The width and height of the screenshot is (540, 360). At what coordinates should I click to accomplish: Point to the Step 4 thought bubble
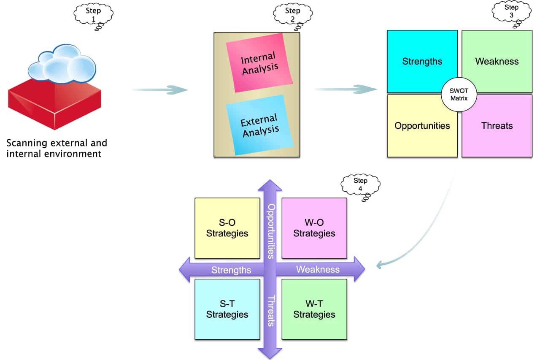tap(360, 184)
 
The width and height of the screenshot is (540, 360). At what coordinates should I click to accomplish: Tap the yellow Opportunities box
tap(418, 129)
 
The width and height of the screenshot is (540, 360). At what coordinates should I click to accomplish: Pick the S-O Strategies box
tap(227, 228)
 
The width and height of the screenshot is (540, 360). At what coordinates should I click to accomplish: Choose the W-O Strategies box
tap(314, 228)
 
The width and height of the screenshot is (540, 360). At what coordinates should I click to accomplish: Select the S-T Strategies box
tap(227, 309)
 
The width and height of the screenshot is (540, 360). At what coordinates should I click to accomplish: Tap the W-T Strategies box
tap(314, 309)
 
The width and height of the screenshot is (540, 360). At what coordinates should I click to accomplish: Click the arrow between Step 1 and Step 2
tap(159, 89)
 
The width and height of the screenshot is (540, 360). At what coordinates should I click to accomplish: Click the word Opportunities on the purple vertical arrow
tap(271, 231)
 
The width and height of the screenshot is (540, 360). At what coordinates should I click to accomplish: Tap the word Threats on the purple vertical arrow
tap(271, 310)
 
